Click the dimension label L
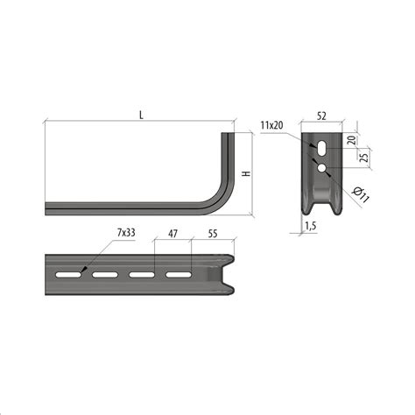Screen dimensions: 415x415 tap(142, 116)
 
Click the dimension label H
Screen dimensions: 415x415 tap(247, 173)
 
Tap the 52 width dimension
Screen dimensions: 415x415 tap(321, 116)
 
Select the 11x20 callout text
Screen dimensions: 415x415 tap(272, 125)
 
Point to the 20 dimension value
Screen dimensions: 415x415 tap(353, 140)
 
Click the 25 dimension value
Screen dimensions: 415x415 tap(364, 158)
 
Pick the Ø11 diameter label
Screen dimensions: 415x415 tap(361, 195)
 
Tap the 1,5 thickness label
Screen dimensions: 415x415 tap(311, 226)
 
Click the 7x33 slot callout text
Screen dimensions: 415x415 tap(126, 233)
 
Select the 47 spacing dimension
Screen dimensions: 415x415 tap(172, 234)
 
